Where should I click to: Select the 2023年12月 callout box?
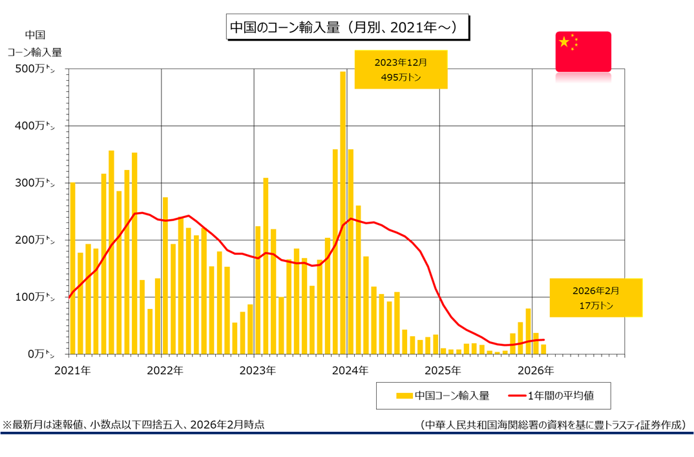click(x=401, y=69)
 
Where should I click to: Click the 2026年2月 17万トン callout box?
click(x=596, y=297)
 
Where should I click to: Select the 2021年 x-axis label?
click(x=72, y=371)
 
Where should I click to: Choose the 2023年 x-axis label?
click(x=257, y=371)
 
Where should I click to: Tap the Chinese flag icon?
click(x=583, y=51)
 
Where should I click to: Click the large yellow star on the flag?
click(x=564, y=42)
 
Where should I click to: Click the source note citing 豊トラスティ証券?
click(x=552, y=425)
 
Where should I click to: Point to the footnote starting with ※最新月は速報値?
click(x=134, y=425)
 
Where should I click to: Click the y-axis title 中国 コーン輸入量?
click(x=35, y=43)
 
